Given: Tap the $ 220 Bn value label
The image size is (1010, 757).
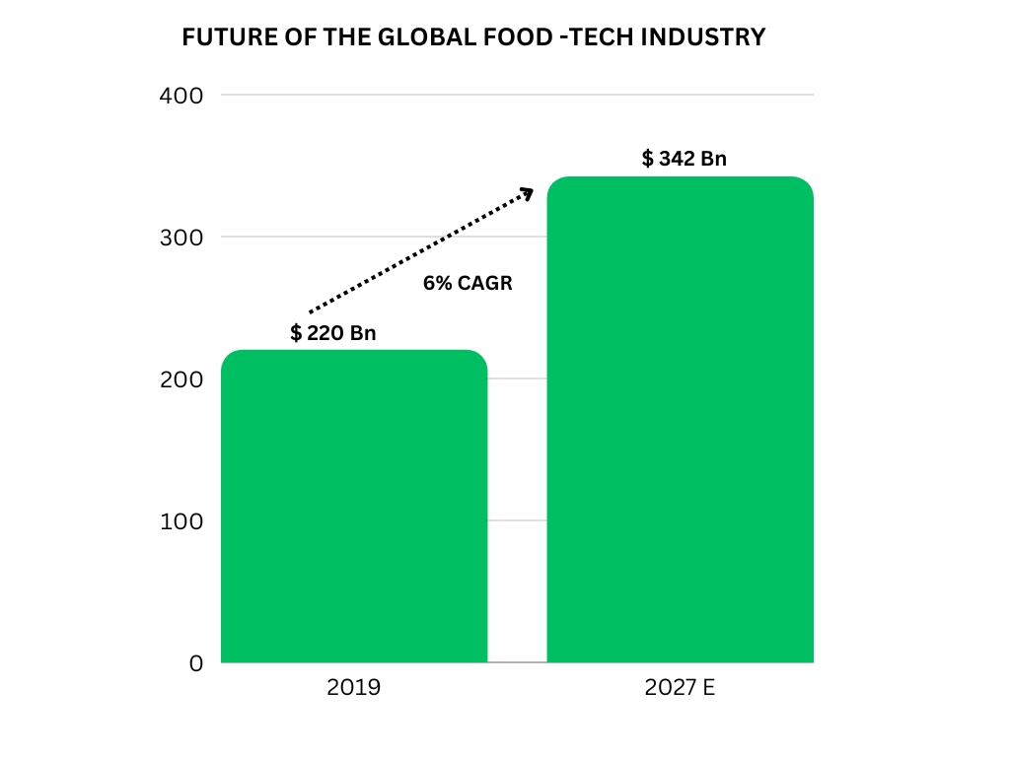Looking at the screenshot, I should tap(333, 333).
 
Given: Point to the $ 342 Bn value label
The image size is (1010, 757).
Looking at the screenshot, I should tap(685, 159).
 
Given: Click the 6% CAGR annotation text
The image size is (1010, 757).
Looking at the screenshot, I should tap(468, 283).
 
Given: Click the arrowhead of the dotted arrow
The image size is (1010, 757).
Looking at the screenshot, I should tap(527, 192).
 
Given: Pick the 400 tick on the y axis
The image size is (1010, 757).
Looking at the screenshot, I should tap(181, 96).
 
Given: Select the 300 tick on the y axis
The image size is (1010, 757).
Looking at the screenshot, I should tap(181, 238).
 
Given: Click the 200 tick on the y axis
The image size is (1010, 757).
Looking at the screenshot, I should tap(181, 379).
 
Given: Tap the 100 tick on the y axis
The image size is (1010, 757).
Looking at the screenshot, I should tap(181, 521).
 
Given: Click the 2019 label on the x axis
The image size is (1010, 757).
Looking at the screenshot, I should tap(353, 688).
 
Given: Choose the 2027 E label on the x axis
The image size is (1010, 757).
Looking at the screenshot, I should tap(680, 688).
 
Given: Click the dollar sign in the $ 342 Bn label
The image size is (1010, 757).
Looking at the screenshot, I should tap(647, 159).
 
